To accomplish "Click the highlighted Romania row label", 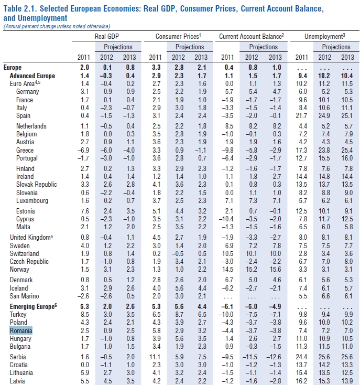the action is tap(21, 331).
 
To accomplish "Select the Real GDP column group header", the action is tap(107, 37).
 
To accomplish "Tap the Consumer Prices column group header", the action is tap(178, 37).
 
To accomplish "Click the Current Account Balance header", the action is tap(252, 37).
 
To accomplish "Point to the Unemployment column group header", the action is tap(325, 37).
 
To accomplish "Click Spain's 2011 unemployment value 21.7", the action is tap(301, 115).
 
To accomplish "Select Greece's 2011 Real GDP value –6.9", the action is tap(83, 150).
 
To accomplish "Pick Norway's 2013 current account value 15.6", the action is tap(275, 270).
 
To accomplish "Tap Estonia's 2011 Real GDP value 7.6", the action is tap(85, 211).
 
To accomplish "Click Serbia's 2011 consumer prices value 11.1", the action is tap(155, 357).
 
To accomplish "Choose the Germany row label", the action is tap(27, 92).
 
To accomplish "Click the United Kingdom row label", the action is tap(31, 238).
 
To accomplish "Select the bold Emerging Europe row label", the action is tap(34, 307).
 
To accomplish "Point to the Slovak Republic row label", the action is tap(37, 185).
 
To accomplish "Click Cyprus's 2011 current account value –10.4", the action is tap(226, 219).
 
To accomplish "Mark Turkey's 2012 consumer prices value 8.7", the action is tap(179, 315).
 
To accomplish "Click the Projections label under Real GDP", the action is tap(118, 47).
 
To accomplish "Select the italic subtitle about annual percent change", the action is tap(57, 27).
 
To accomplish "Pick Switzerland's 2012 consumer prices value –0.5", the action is tap(178, 254).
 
